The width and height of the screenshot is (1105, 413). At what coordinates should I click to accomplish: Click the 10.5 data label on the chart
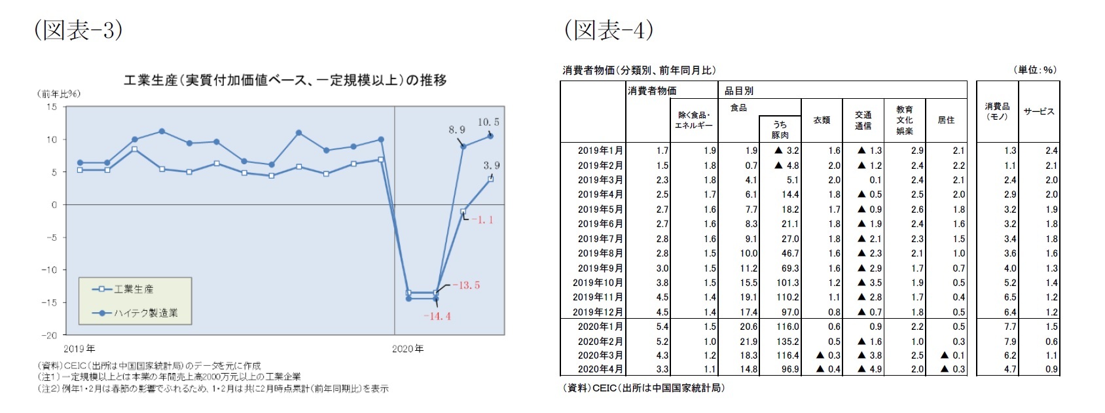click(x=488, y=122)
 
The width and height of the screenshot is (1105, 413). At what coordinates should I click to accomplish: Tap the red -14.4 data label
click(x=437, y=316)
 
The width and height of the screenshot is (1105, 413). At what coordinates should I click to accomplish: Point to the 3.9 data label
click(x=492, y=166)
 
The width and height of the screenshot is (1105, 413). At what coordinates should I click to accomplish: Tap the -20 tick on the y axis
click(x=50, y=335)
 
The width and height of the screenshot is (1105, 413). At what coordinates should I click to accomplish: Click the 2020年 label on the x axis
click(x=408, y=349)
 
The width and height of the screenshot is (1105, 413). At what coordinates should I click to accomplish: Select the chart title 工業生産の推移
click(x=285, y=81)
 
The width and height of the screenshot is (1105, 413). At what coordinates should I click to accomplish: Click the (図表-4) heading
click(x=608, y=30)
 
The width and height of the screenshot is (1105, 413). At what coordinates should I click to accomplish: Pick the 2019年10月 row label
click(x=598, y=283)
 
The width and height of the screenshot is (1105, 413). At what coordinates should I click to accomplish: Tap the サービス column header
click(x=1039, y=112)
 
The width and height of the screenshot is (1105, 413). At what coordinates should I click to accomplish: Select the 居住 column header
click(x=946, y=120)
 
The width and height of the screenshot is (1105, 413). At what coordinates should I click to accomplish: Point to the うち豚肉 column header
click(x=780, y=130)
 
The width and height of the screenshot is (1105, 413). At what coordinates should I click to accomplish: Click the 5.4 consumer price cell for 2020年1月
click(x=662, y=327)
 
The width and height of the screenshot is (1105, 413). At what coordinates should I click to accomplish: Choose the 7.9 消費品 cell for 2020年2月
click(x=1010, y=342)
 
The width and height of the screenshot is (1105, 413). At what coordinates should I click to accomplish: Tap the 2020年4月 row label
click(x=600, y=369)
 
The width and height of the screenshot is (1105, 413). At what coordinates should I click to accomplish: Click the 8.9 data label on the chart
click(x=457, y=130)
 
